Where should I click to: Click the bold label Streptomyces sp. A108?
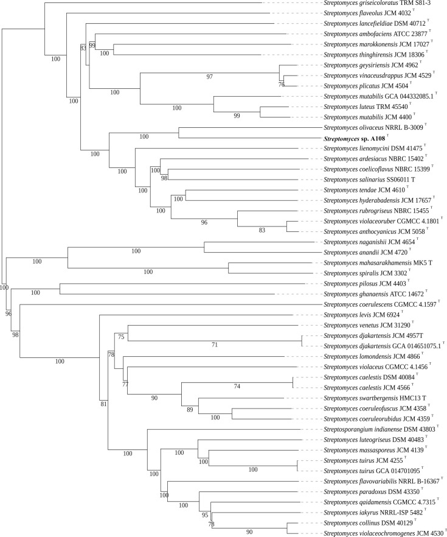coord(359,139)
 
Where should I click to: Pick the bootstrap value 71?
coord(214,345)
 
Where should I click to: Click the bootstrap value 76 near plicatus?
coord(281,84)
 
